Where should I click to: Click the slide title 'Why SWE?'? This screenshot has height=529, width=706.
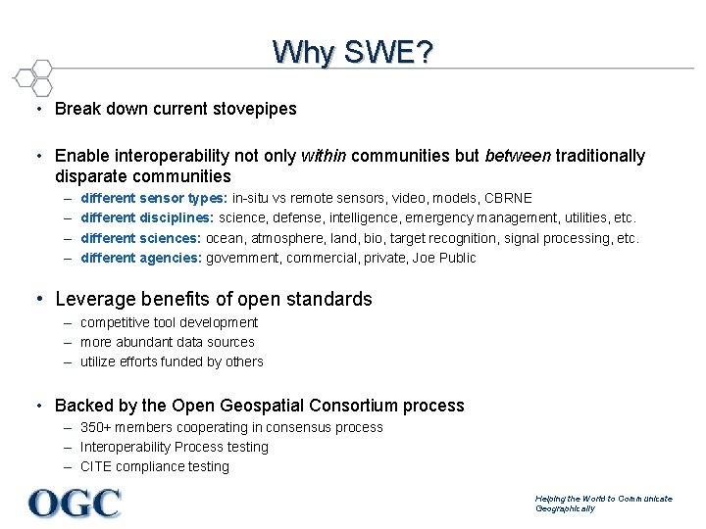tap(352, 51)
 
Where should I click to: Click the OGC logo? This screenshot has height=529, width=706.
tap(75, 504)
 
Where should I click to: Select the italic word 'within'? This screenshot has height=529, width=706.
tap(324, 156)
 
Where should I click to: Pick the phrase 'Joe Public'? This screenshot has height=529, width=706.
tap(444, 258)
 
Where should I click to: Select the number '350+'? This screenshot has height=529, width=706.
tap(96, 427)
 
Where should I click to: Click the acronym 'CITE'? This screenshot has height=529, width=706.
tap(97, 466)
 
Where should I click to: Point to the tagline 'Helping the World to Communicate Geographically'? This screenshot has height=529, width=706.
tap(603, 504)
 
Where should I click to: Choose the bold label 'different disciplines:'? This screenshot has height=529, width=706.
tap(147, 218)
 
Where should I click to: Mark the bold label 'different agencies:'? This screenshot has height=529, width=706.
tap(141, 258)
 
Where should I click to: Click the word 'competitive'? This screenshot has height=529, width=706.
tap(116, 322)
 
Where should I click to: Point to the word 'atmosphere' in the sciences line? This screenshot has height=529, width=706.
tap(283, 238)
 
